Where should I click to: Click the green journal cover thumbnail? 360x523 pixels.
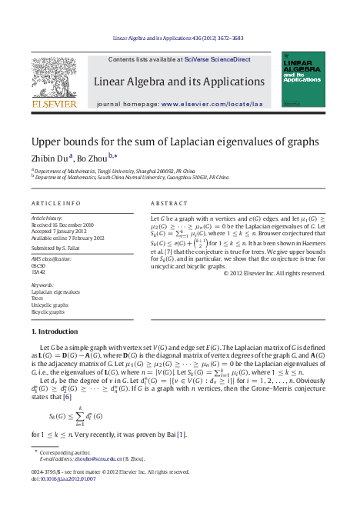302,79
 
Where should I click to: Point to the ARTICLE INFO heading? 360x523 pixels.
55,203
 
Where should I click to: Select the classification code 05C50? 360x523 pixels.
39,266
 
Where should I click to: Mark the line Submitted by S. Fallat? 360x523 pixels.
56,248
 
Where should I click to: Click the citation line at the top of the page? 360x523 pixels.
178,37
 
